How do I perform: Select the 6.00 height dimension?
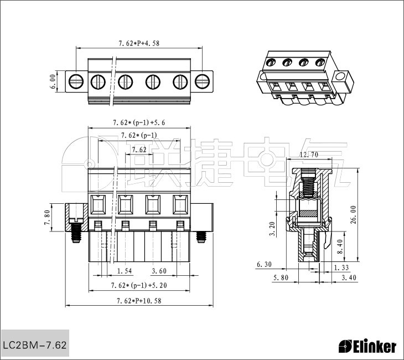coord(53,81)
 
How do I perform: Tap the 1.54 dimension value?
coord(125,271)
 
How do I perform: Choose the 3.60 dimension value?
coord(159,271)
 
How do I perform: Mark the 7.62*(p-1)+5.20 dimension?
coord(139,285)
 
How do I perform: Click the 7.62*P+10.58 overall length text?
coord(139,301)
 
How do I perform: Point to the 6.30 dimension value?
coord(264,265)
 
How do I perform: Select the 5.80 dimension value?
coord(281,277)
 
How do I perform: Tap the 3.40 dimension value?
coord(349,277)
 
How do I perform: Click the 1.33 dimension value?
coord(341,268)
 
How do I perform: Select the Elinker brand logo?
coord(367,347)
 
